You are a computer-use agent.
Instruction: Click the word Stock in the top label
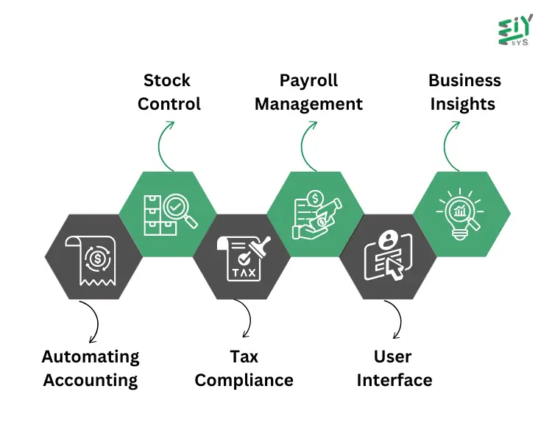167,80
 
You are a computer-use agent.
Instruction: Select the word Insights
462,104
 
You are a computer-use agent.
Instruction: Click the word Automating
91,357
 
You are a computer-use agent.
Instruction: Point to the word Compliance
244,380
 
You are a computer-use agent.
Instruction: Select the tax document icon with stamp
243,258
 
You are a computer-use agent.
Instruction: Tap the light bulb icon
462,214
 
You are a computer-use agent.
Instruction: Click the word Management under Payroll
308,104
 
